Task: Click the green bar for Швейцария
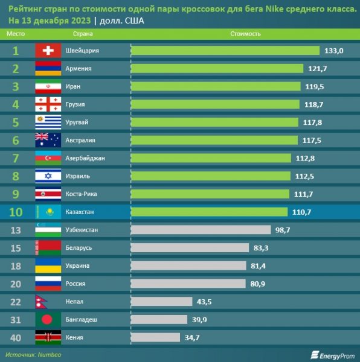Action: click(225, 51)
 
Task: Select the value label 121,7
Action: click(317, 69)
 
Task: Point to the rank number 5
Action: click(16, 122)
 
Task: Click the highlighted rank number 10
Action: click(16, 212)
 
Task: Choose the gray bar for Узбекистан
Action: click(201, 230)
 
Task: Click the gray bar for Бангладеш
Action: click(159, 320)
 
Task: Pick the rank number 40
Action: click(16, 337)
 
